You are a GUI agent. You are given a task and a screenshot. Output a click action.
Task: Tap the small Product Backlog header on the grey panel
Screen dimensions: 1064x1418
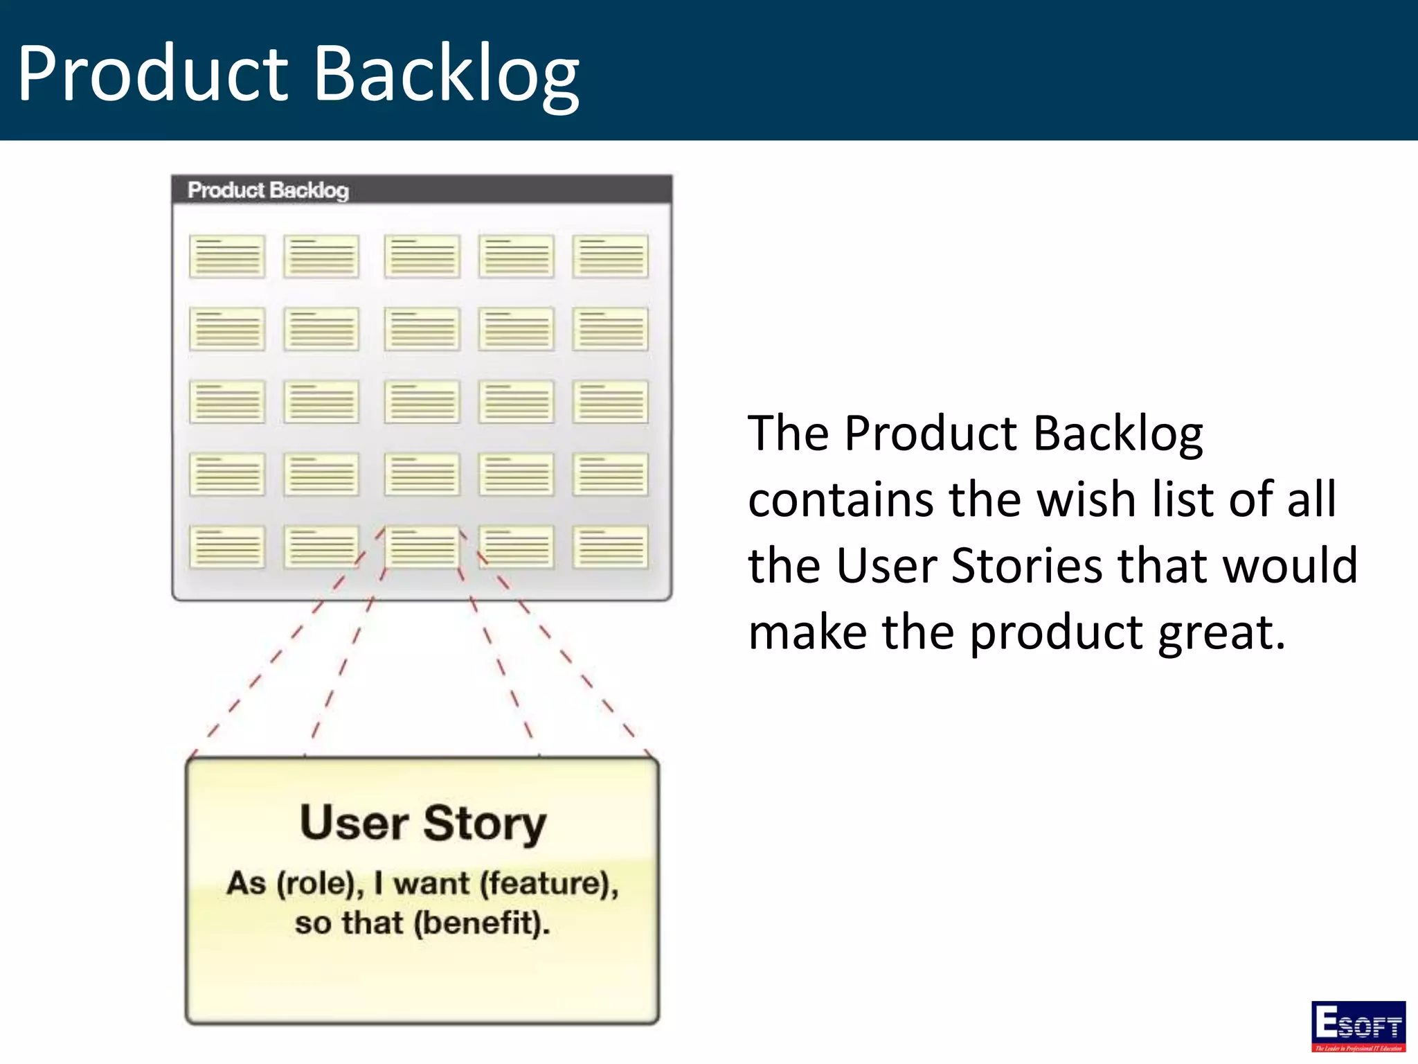pos(268,190)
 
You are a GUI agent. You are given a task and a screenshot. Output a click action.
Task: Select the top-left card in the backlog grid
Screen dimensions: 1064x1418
pos(227,256)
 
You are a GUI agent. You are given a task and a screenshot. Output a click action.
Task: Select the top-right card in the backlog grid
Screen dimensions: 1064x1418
pos(610,256)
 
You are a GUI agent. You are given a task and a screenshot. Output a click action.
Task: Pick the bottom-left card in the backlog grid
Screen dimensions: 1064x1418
pos(227,547)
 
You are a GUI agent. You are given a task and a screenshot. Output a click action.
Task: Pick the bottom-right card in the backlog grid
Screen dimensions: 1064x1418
pos(610,547)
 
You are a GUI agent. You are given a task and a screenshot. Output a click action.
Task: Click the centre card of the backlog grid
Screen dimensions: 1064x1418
pos(422,402)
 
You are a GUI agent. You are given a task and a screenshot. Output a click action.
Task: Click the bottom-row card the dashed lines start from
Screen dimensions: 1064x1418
pos(422,547)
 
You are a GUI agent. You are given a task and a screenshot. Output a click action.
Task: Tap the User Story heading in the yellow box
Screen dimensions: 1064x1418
pos(423,823)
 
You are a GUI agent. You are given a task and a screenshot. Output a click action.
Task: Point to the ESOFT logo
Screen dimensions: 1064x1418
pos(1358,1026)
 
